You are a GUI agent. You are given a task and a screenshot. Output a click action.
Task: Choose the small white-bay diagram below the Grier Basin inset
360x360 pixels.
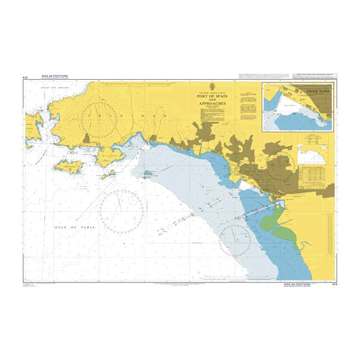coord(312,154)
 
